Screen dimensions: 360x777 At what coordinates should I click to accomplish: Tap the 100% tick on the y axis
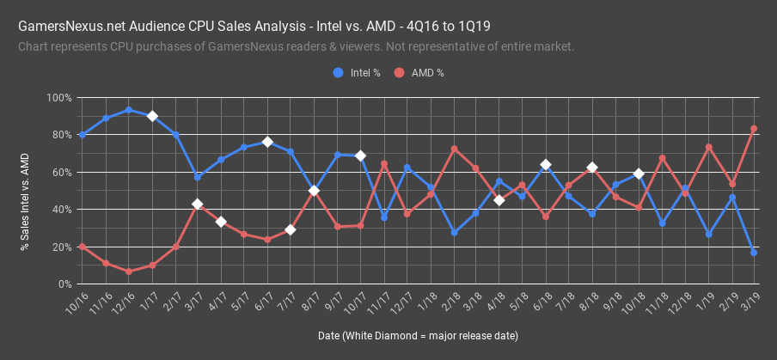coord(59,98)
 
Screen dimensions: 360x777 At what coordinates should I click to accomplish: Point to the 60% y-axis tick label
coord(62,173)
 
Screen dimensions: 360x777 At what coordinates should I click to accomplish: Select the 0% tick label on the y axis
coord(64,284)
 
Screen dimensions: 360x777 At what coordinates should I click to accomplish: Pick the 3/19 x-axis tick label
coord(747,300)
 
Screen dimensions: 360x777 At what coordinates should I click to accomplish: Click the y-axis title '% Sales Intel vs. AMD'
coord(25,203)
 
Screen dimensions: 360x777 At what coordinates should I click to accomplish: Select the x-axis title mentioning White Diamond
coord(417,334)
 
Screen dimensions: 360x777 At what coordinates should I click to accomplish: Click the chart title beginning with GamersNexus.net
coord(254,27)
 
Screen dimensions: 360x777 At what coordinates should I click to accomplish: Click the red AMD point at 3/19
coord(754,129)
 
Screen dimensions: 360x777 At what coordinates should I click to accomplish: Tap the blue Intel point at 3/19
coord(754,253)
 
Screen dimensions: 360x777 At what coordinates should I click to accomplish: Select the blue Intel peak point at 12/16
coord(128,110)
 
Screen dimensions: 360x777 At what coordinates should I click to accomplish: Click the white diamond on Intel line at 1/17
coord(151,116)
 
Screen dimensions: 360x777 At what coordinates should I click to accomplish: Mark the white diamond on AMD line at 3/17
coord(198,204)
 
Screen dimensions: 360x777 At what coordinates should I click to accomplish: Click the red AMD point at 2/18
coord(454,149)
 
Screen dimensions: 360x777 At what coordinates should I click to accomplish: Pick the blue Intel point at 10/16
coord(82,135)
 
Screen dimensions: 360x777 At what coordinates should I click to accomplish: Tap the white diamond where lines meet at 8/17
coord(314,191)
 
